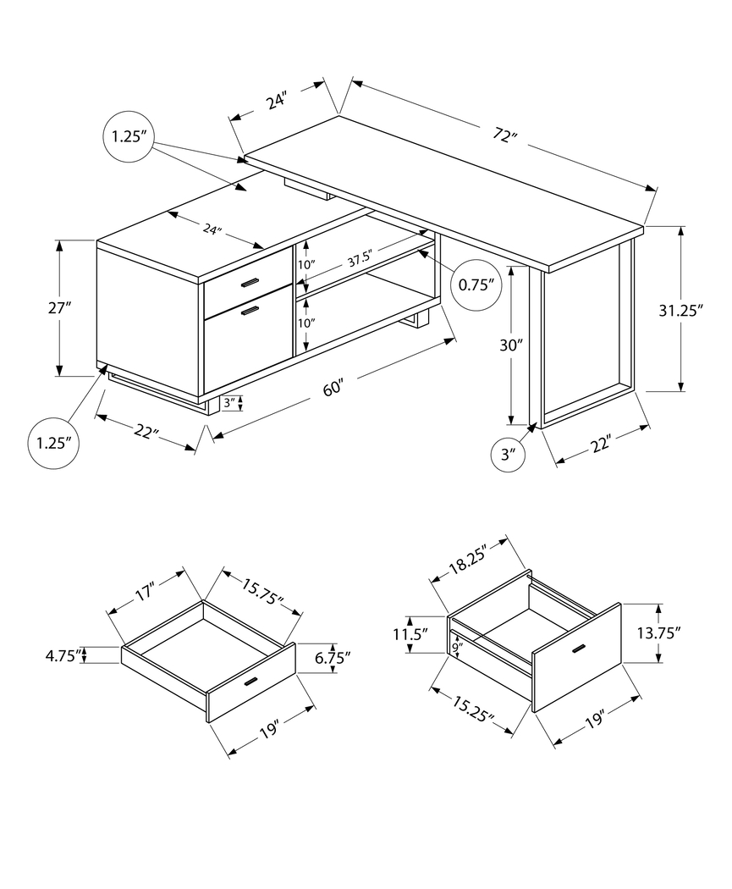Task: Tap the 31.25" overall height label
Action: coord(681,310)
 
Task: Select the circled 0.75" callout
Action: coord(476,284)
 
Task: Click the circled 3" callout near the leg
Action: coord(508,454)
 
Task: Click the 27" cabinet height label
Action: coord(58,308)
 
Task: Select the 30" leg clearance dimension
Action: coord(512,345)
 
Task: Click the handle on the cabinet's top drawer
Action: coord(249,282)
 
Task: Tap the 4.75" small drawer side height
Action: coord(65,654)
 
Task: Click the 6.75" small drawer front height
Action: coord(332,656)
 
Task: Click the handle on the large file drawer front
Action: coord(580,649)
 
